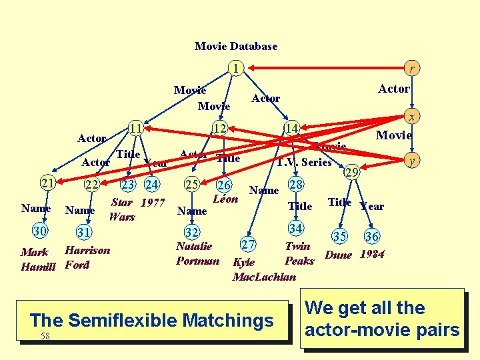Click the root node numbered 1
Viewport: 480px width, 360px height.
[234, 68]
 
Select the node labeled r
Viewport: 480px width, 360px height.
[413, 68]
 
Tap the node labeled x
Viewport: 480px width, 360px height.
[413, 117]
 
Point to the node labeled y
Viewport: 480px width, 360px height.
[413, 160]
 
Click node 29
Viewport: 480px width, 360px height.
[351, 172]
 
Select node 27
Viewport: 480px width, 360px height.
[249, 243]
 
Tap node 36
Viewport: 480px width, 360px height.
[371, 236]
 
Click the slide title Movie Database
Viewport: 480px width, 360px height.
[236, 46]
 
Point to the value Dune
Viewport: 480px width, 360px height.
[339, 254]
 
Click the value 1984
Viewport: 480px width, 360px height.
[372, 254]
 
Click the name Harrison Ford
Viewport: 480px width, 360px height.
[87, 257]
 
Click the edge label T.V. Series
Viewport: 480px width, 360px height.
[304, 162]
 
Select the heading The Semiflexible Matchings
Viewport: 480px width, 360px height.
[151, 321]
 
